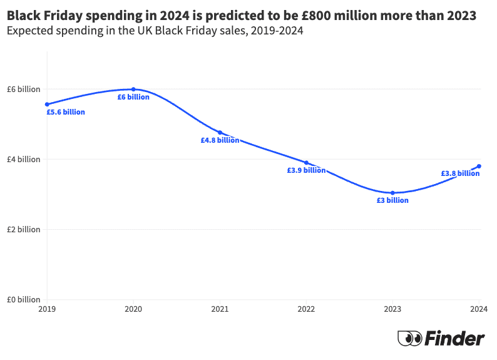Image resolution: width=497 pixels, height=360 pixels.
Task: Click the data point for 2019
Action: [47, 104]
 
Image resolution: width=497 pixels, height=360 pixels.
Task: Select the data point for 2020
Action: [133, 90]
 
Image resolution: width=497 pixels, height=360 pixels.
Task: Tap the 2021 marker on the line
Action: [220, 132]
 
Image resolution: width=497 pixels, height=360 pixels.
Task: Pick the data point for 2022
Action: [306, 162]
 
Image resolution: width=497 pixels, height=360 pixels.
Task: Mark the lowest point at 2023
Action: [392, 193]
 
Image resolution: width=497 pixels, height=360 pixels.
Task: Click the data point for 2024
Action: [479, 166]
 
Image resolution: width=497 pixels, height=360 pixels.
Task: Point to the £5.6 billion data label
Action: [66, 112]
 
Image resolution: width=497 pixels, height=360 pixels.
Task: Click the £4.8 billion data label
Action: [220, 140]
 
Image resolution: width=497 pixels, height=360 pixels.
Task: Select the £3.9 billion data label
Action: [306, 170]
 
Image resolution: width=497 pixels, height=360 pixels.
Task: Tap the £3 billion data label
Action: [392, 200]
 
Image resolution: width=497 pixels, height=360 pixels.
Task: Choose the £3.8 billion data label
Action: [460, 173]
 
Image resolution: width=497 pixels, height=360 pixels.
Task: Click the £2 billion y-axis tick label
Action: [23, 229]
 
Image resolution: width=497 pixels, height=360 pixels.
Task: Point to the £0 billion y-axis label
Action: [23, 299]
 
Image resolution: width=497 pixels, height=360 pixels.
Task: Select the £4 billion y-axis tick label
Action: [23, 159]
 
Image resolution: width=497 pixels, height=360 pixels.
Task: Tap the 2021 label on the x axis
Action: [220, 309]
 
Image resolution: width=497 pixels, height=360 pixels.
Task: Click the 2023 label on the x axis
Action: [392, 309]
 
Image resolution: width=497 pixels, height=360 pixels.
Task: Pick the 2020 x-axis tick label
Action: [133, 309]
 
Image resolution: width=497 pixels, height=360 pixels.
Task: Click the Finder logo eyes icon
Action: [409, 339]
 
